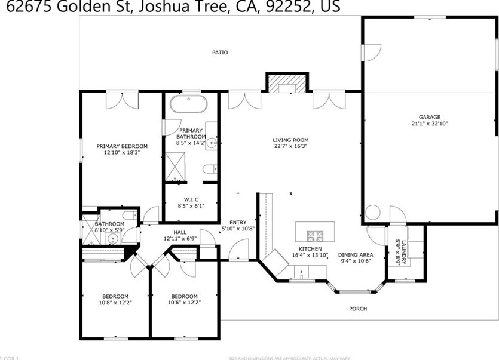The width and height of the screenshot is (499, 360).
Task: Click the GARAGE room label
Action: pyautogui.click(x=429, y=117)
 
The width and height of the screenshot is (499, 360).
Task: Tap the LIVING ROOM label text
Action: pyautogui.click(x=291, y=140)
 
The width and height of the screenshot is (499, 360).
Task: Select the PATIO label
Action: pyautogui.click(x=220, y=53)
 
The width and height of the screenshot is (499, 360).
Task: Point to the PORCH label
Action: pyautogui.click(x=358, y=309)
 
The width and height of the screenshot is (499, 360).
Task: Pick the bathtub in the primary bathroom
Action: pyautogui.click(x=189, y=104)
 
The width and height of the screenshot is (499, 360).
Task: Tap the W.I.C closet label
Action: pyautogui.click(x=191, y=199)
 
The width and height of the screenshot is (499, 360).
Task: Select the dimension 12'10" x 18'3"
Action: pyautogui.click(x=122, y=152)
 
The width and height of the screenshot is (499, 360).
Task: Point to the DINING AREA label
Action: pyautogui.click(x=356, y=254)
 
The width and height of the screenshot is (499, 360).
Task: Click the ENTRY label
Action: pyautogui.click(x=238, y=222)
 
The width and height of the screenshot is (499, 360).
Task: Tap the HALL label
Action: pyautogui.click(x=180, y=232)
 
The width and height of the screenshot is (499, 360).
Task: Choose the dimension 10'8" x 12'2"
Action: pyautogui.click(x=115, y=302)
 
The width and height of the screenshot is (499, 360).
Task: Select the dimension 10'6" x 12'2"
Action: pyautogui.click(x=184, y=302)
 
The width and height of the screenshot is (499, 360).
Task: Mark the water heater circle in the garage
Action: pyautogui.click(x=373, y=213)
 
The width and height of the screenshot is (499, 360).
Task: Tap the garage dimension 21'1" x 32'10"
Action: pyautogui.click(x=429, y=124)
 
